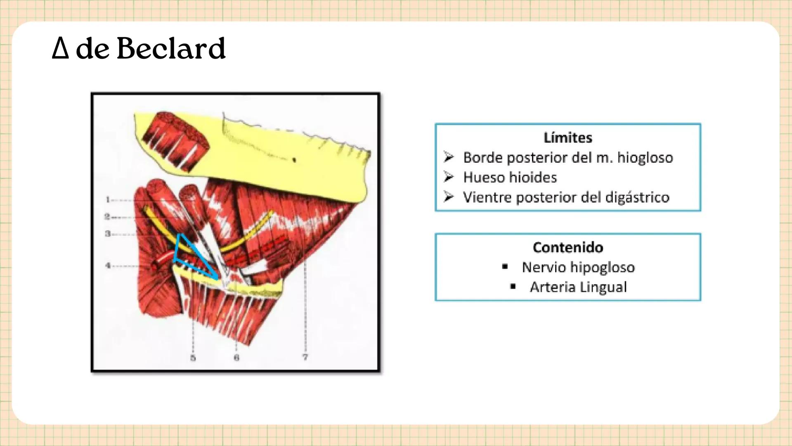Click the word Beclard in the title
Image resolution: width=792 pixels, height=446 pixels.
(171, 49)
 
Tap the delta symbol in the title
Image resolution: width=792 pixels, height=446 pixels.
(60, 49)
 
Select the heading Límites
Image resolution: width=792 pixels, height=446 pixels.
(567, 138)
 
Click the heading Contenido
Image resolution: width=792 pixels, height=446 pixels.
(567, 247)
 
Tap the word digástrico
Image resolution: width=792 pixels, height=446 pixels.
(637, 197)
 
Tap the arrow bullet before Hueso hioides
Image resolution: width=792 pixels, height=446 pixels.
(449, 177)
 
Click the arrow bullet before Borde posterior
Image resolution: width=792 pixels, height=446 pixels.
(449, 157)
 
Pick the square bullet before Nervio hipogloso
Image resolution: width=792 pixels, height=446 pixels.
(505, 267)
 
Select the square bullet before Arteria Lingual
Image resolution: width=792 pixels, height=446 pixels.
(513, 286)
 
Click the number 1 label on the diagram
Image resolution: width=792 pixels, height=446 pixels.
(108, 200)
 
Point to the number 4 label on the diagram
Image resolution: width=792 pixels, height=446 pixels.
(108, 266)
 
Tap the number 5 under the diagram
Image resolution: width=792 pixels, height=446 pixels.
(193, 358)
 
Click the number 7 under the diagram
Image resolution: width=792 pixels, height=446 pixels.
(305, 357)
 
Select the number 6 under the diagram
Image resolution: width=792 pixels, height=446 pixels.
(236, 358)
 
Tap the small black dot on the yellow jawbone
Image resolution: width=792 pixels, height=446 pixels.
(294, 159)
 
